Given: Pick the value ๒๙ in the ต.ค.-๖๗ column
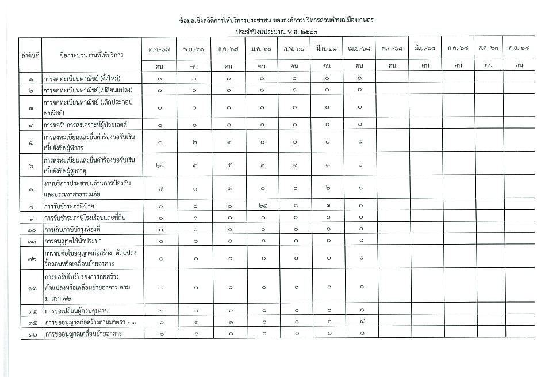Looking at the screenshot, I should pos(160,165).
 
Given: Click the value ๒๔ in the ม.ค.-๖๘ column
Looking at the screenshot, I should pos(262,205).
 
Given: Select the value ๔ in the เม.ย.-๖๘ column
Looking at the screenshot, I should pos(360,322).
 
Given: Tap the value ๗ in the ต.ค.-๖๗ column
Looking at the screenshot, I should pos(160,188).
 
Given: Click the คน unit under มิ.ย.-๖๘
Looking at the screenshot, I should pos(425,66).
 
